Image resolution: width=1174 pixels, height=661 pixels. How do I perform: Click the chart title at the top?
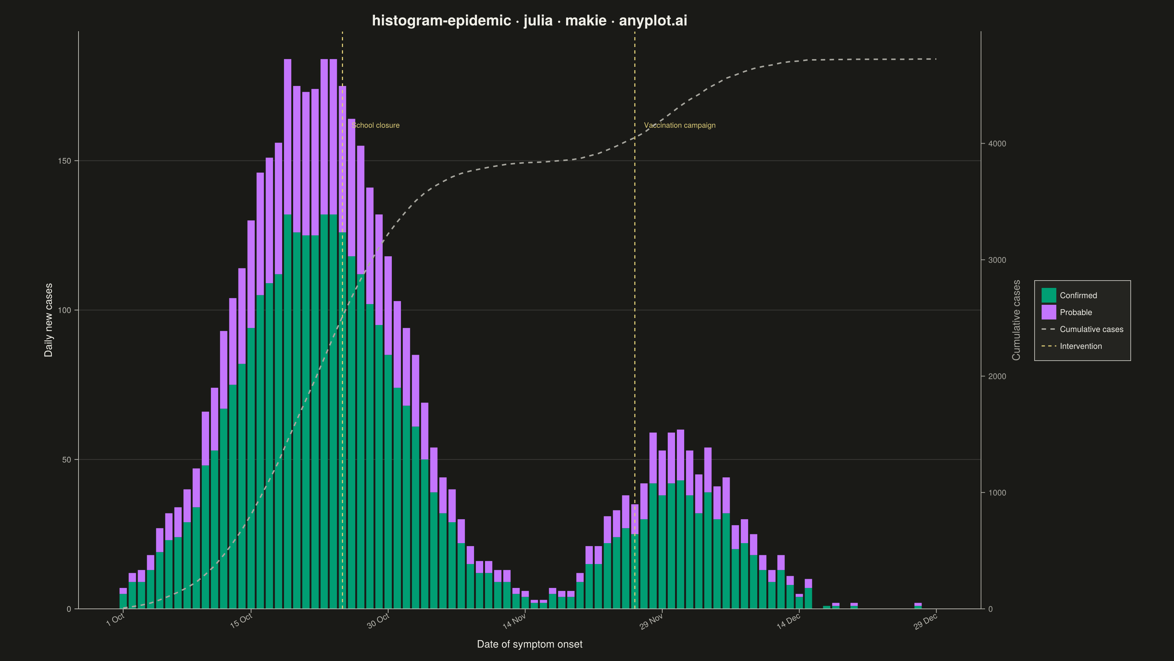pos(529,21)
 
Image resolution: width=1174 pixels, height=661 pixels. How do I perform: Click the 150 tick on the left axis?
pos(65,161)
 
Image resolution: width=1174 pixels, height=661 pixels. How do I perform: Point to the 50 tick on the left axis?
pos(66,460)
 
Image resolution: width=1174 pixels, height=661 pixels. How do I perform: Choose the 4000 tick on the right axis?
pos(997,144)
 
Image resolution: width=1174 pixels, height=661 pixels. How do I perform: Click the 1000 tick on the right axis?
pos(997,493)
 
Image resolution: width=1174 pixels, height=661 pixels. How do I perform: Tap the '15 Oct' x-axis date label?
pos(241,621)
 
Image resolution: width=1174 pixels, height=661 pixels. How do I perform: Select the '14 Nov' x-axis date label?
pos(514,621)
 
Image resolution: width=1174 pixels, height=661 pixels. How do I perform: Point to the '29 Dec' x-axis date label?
pos(925,621)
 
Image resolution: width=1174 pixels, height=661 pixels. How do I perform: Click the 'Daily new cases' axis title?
pos(48,320)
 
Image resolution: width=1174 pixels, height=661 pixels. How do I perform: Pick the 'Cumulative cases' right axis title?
pos(1016,320)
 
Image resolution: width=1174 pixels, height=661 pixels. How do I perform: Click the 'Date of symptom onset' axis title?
pos(529,644)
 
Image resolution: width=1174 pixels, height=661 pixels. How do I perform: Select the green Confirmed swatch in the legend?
pos(1049,295)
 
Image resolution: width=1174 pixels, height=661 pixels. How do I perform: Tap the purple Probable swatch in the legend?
pos(1049,312)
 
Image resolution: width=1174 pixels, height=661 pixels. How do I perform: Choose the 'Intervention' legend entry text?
pos(1080,346)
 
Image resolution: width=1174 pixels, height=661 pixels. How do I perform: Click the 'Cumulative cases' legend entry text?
pos(1091,329)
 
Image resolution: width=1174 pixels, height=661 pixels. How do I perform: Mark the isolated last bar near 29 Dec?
pos(918,606)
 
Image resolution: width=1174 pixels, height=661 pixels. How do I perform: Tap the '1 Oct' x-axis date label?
pos(115,620)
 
